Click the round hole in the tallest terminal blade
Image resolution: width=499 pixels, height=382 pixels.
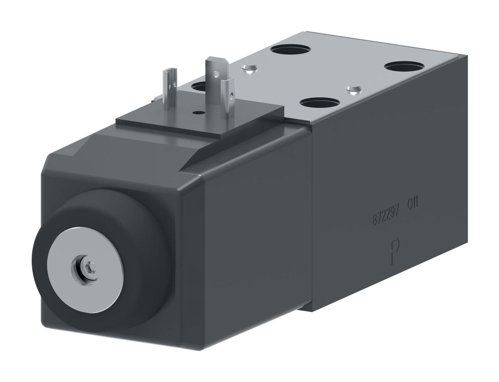click(x=215, y=75)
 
